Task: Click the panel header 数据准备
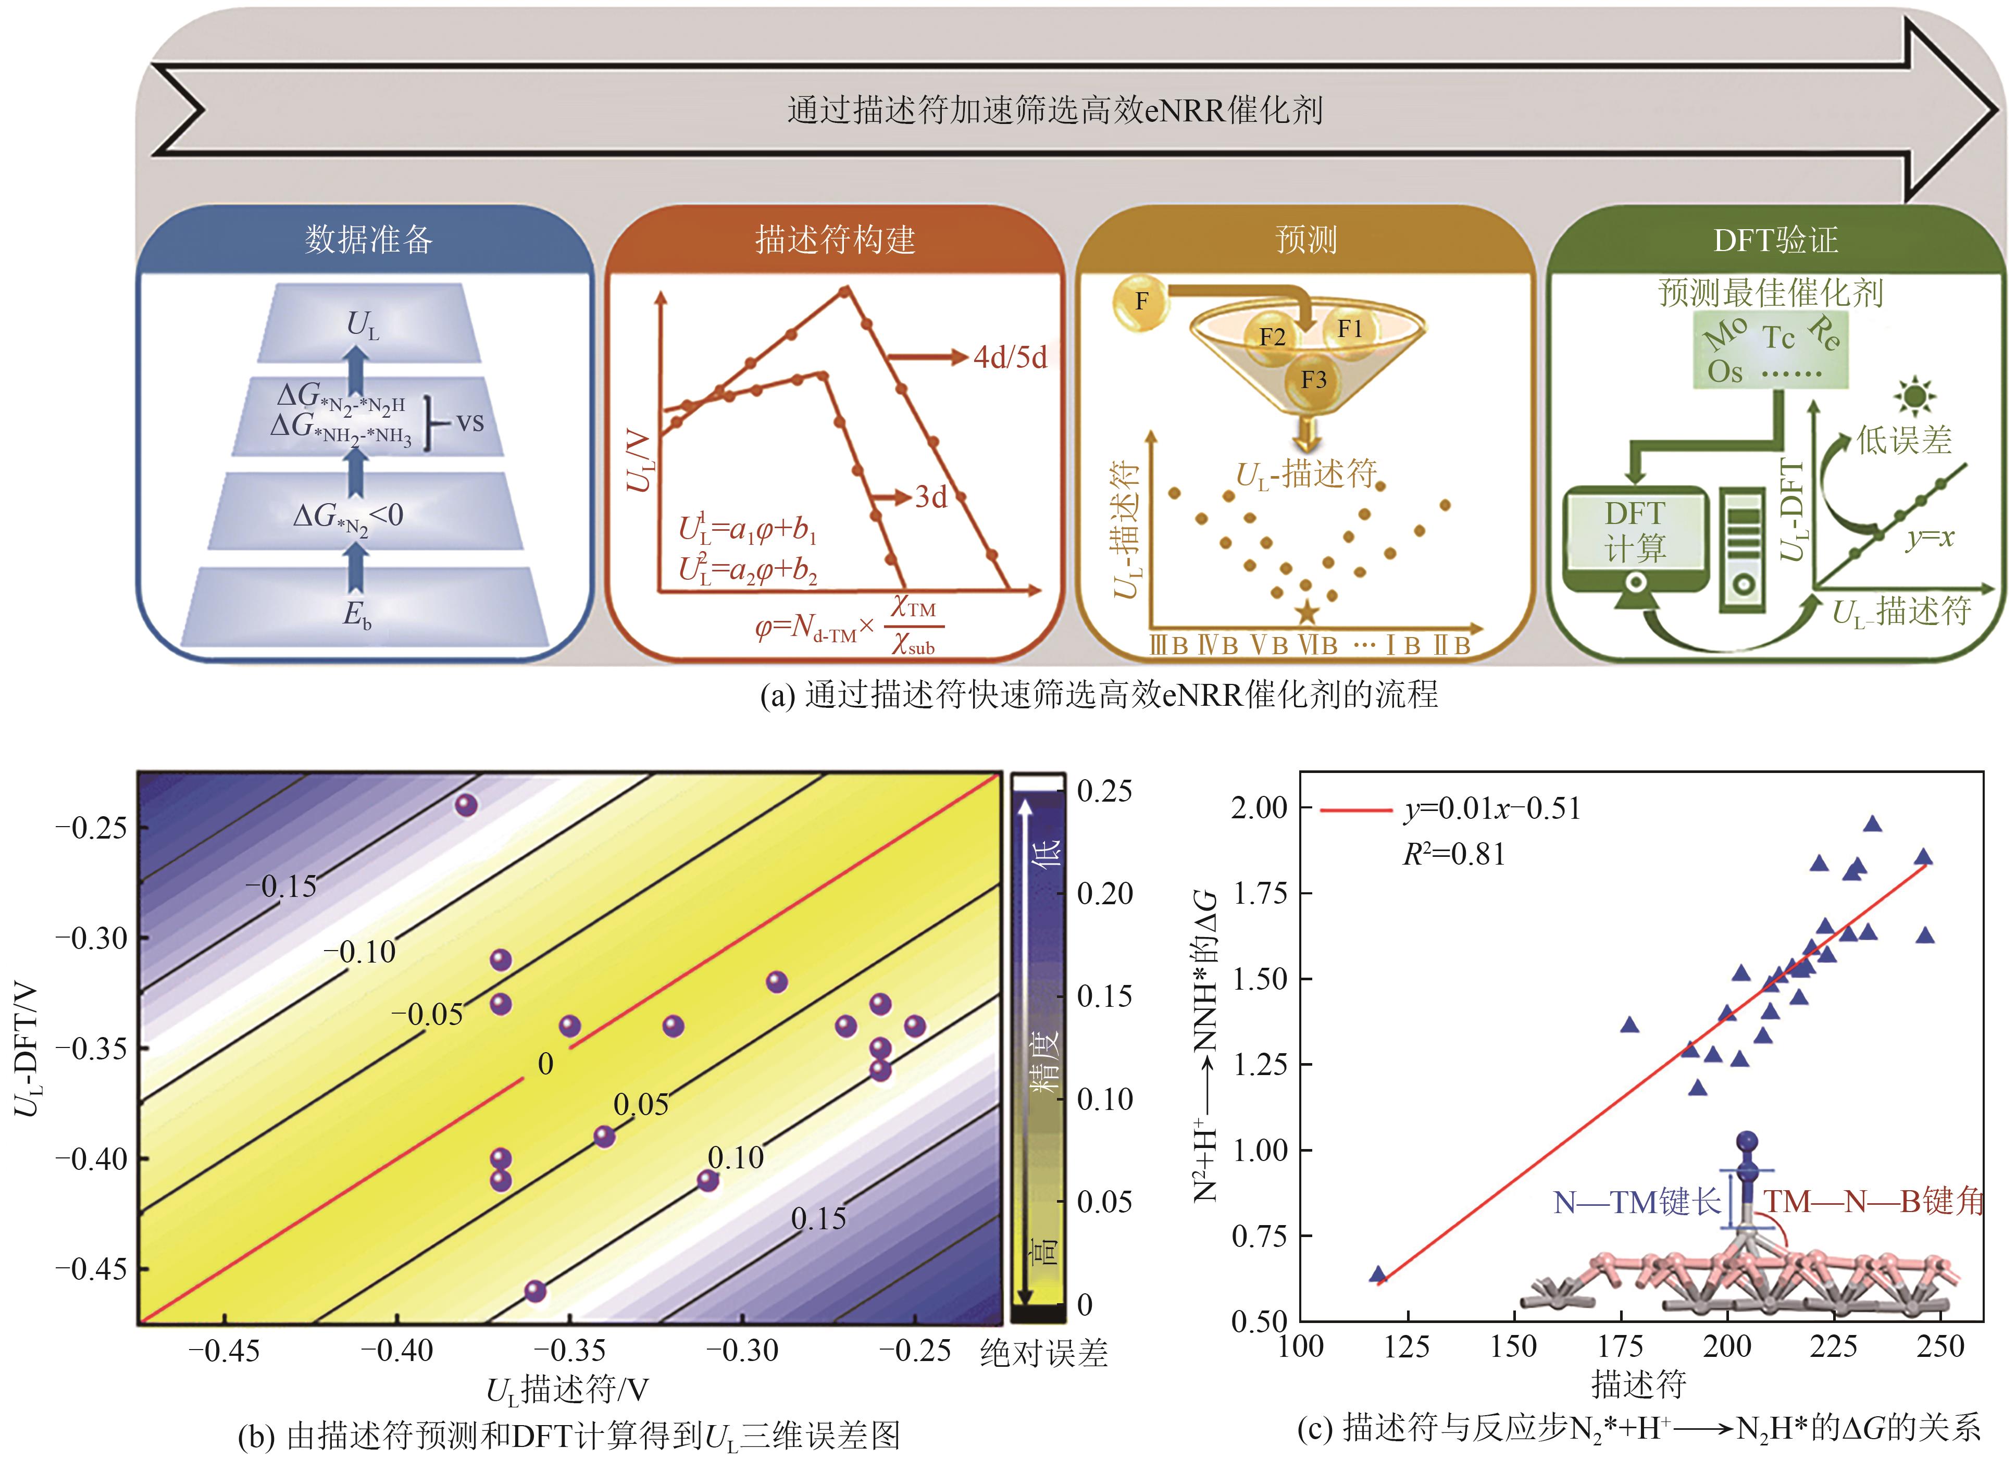tap(368, 240)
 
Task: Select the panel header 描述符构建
tap(835, 240)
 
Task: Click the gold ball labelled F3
tap(1313, 380)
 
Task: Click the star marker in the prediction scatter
tap(1306, 612)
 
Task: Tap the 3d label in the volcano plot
tap(931, 497)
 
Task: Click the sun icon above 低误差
tap(1914, 395)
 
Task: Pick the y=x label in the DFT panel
tap(1930, 538)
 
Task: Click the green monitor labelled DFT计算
tap(1635, 533)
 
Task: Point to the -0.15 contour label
tap(281, 886)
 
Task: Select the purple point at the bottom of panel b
tap(534, 1291)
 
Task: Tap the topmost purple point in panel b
tap(466, 805)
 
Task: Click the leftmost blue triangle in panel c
tap(1378, 1274)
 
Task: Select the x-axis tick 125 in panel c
tap(1407, 1347)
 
